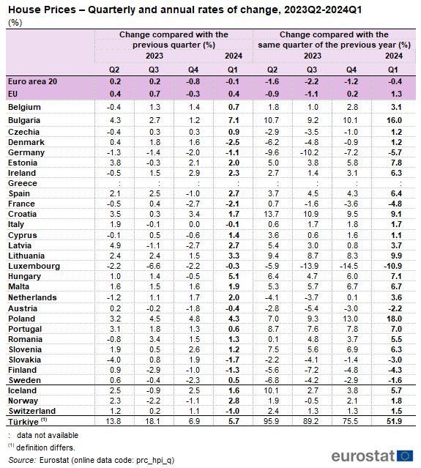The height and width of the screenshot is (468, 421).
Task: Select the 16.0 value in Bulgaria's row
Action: pyautogui.click(x=394, y=120)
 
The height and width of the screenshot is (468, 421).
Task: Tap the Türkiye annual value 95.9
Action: pyautogui.click(x=272, y=421)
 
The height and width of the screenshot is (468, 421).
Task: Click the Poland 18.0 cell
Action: pyautogui.click(x=394, y=319)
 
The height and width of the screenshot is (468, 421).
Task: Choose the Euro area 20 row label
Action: pyautogui.click(x=32, y=81)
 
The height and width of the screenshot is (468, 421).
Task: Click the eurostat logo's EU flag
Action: pyautogui.click(x=405, y=456)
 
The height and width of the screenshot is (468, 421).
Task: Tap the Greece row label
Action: pyautogui.click(x=23, y=183)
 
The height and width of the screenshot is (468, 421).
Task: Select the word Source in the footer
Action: pyautogui.click(x=22, y=460)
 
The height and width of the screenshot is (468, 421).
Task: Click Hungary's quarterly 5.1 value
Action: pyautogui.click(x=234, y=276)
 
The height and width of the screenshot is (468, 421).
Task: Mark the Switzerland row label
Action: pyautogui.click(x=32, y=411)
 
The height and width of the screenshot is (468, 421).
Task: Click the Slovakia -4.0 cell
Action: pyautogui.click(x=113, y=360)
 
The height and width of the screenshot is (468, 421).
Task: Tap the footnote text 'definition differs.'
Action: pyautogui.click(x=45, y=447)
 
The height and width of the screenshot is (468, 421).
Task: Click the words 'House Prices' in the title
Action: pyautogui.click(x=42, y=10)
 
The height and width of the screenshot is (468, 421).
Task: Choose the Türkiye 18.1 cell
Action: pyautogui.click(x=153, y=421)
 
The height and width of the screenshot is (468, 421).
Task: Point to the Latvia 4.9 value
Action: pyautogui.click(x=115, y=245)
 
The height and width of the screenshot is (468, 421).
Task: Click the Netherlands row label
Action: pyautogui.click(x=32, y=297)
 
